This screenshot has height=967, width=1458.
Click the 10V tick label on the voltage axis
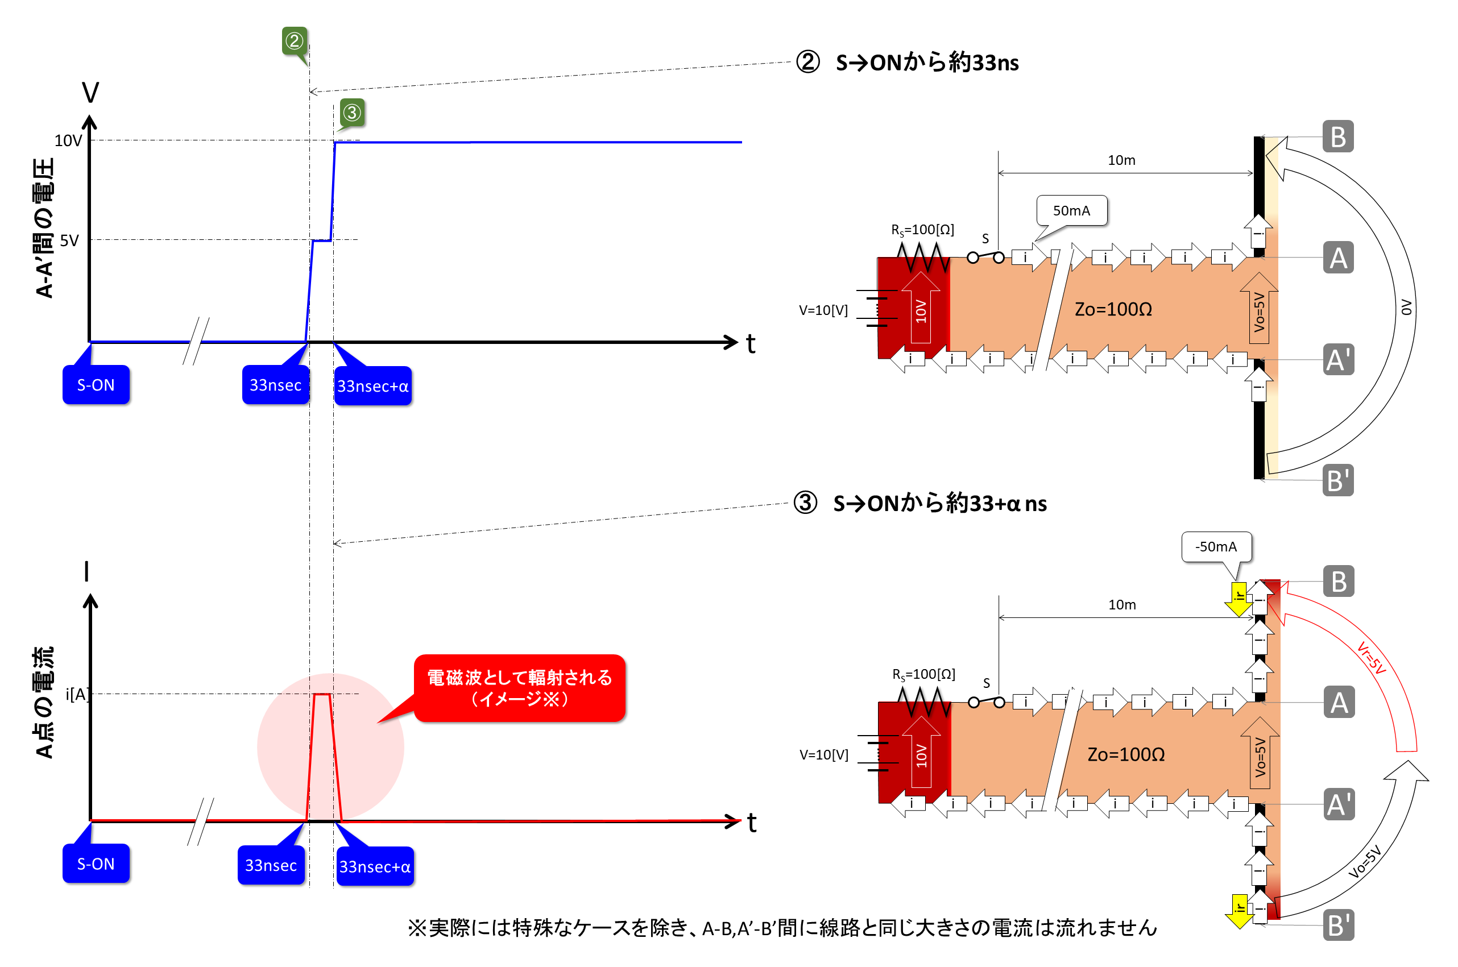[68, 140]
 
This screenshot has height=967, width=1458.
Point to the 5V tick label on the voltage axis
[69, 240]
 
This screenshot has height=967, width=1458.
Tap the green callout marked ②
[294, 41]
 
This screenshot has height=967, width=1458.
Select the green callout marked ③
[351, 112]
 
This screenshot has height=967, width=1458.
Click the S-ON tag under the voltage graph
[96, 385]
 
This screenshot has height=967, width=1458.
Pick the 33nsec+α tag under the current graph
[374, 866]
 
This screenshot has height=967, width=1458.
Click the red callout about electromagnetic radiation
[519, 688]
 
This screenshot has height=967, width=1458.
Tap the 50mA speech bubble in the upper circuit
[1071, 211]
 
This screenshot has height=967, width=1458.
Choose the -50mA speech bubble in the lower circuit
[1216, 547]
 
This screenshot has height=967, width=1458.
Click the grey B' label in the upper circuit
[1337, 480]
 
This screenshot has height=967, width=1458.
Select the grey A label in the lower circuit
[1339, 703]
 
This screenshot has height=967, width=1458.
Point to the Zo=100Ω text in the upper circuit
[1113, 309]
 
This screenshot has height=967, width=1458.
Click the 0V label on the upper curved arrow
[1406, 307]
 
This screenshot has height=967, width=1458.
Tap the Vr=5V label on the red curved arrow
[1370, 658]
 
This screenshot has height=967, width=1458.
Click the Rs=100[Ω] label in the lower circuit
[923, 674]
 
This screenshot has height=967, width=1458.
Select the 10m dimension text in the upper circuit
[1121, 160]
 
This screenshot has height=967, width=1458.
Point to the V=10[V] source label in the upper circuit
[823, 310]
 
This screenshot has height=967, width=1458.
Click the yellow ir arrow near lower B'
[1239, 911]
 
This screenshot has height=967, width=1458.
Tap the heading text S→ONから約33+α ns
[939, 504]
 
